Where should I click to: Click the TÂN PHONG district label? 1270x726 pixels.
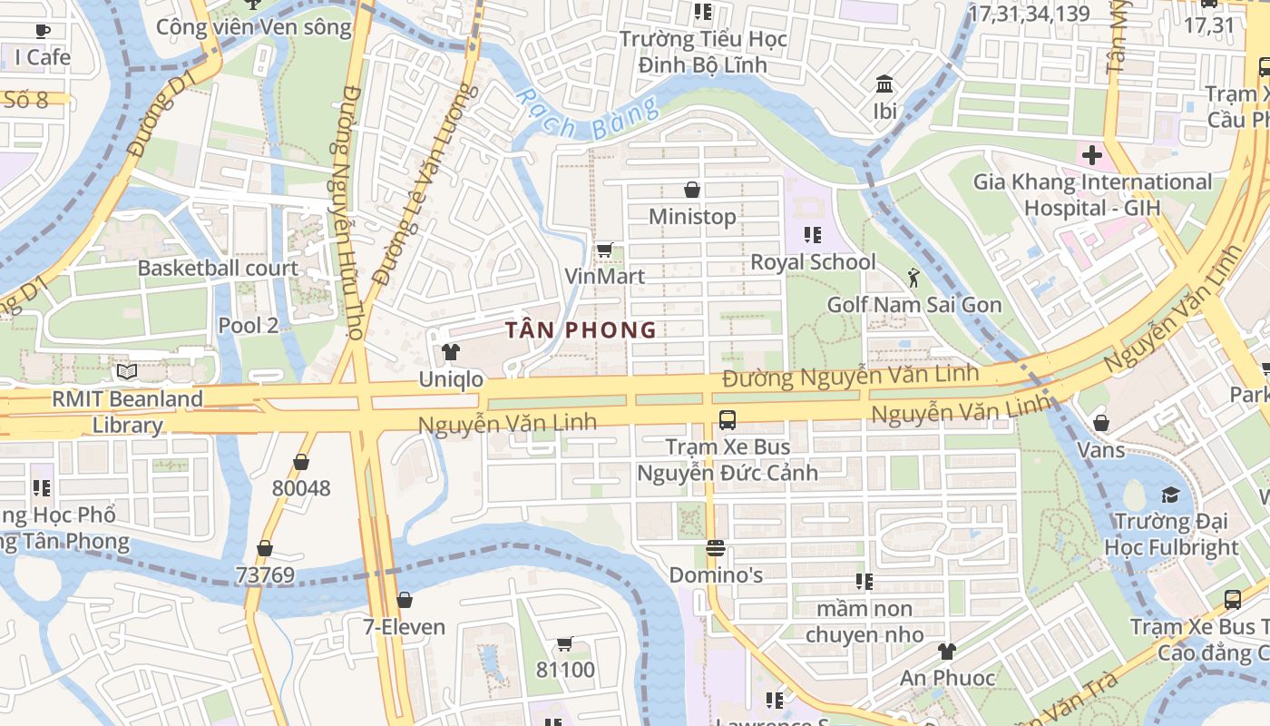580,329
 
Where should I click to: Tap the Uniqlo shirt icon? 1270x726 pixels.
450,351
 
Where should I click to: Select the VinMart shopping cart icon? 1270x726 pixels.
604,250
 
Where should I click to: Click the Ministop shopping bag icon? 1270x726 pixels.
692,190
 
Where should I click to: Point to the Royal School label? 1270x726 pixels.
813,262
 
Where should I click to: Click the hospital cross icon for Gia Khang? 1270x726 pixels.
1092,155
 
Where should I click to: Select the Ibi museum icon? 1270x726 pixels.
884,84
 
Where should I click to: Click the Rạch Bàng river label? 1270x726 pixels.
586,114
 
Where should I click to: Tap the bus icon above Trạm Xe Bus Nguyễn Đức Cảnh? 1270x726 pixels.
727,419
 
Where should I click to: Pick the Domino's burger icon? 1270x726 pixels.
716,548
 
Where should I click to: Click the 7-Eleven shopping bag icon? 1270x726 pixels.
405,600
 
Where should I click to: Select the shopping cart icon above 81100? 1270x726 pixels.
564,643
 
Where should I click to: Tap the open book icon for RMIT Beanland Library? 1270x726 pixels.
127,372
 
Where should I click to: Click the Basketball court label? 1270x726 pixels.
218,268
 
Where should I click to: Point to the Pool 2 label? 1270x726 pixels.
248,325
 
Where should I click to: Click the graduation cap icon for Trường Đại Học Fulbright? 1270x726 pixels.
1170,495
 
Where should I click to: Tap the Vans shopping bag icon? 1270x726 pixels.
1101,423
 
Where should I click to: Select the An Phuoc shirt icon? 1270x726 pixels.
947,651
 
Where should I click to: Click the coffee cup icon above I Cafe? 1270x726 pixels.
43,31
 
